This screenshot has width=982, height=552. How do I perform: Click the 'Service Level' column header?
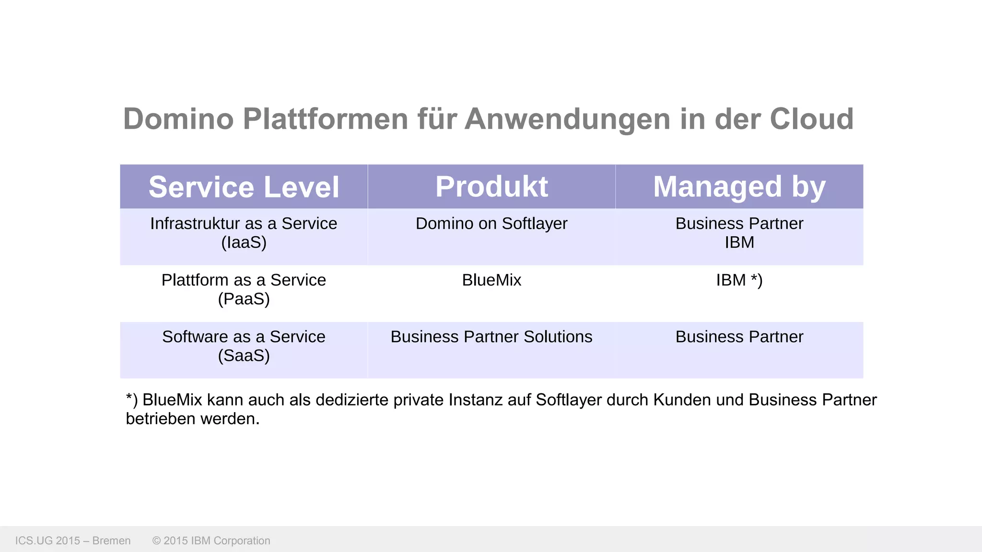coord(244,187)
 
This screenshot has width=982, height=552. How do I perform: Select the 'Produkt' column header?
coord(491,186)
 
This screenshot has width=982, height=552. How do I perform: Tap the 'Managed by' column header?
coord(739,187)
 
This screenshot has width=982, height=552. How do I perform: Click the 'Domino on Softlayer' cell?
coord(491,224)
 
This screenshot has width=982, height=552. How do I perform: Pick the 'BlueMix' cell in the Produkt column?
coord(491,280)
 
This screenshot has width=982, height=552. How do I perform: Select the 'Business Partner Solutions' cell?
coord(491,337)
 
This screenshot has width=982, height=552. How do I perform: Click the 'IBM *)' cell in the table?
coord(739,280)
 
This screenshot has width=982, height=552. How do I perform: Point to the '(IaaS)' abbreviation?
coord(244,242)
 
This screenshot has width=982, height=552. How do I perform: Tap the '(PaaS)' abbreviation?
coord(244,299)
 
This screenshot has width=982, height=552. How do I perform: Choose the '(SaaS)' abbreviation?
coord(244,356)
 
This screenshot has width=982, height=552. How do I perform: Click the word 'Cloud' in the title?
coord(811,119)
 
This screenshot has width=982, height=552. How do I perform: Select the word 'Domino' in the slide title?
coord(178,119)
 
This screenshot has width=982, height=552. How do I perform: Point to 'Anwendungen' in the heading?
coord(568,119)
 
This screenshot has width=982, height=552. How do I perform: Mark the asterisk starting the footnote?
coord(129,397)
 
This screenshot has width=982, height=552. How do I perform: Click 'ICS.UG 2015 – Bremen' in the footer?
coord(73,541)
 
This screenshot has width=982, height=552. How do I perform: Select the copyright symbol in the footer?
coord(156,541)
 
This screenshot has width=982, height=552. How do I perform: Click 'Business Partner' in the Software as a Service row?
coord(739,337)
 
